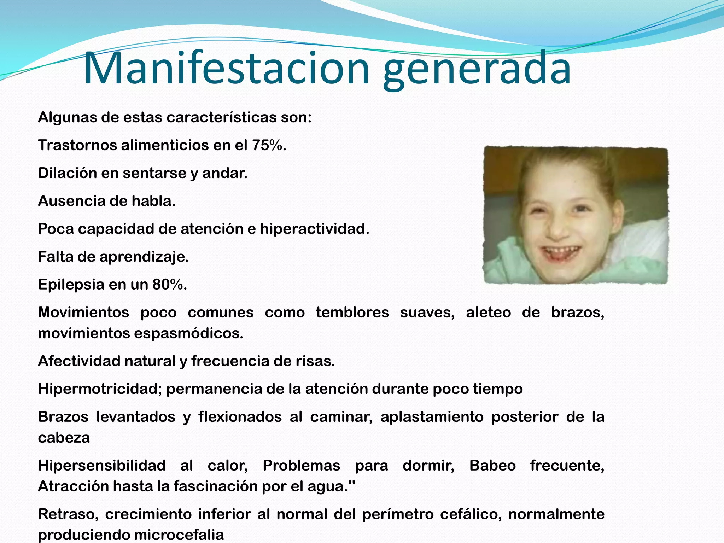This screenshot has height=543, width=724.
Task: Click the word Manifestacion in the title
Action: click(x=226, y=68)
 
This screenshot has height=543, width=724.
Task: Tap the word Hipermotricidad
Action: click(x=100, y=389)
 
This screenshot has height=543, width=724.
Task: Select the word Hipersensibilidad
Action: click(x=102, y=466)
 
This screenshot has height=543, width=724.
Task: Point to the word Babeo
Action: click(x=492, y=466)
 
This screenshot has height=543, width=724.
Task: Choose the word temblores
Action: click(x=352, y=313)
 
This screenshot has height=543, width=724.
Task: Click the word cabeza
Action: click(x=64, y=438)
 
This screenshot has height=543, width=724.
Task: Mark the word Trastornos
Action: click(x=77, y=145)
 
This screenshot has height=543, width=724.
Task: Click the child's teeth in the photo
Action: click(x=562, y=252)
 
